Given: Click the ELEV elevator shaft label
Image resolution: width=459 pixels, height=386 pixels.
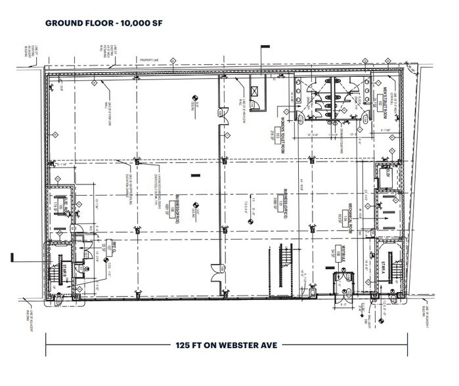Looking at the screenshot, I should tap(387, 173).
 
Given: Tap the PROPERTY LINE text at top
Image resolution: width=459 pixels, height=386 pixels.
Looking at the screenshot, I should tap(152, 61).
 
